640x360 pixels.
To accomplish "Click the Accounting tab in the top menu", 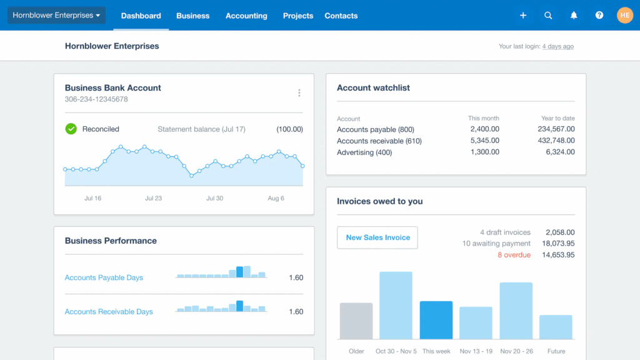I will (x=246, y=16).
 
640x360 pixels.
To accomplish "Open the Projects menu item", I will (x=298, y=16).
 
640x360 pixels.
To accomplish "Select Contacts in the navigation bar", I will (x=341, y=16).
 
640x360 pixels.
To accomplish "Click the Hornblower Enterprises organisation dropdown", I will (x=56, y=16).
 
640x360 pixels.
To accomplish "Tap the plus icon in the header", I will (x=523, y=16).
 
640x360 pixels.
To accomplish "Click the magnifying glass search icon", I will (x=548, y=16).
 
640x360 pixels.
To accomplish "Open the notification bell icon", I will (x=574, y=16).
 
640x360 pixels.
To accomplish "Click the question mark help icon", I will (x=599, y=16).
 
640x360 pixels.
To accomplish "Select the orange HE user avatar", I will (x=625, y=16).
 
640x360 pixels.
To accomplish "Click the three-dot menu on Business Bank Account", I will (x=299, y=93).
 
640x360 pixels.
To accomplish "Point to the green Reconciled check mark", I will (x=71, y=129).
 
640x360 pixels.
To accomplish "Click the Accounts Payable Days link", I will (x=104, y=277).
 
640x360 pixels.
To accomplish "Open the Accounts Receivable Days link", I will (x=109, y=311).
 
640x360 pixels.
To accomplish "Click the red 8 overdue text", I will (x=514, y=255).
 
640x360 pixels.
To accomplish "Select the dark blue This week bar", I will (x=436, y=320).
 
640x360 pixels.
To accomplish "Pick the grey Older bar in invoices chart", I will (x=356, y=321).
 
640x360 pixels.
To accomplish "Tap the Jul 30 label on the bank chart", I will (x=214, y=198).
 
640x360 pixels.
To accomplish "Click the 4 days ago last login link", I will (x=557, y=46).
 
